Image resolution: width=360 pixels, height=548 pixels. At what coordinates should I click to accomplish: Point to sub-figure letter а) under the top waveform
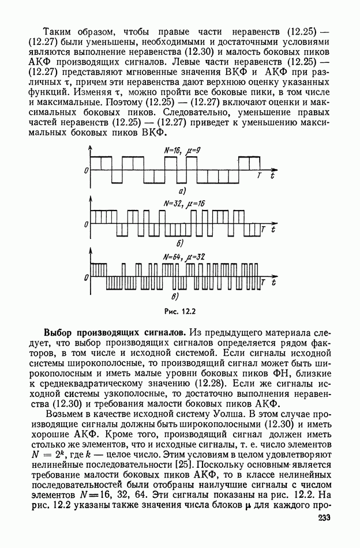[x=181, y=191]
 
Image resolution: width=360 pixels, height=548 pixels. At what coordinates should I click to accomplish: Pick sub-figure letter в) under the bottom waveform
[x=176, y=297]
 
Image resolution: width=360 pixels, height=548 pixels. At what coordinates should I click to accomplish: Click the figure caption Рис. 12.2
[x=180, y=313]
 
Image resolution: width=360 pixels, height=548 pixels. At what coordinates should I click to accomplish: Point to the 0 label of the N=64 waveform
[x=85, y=278]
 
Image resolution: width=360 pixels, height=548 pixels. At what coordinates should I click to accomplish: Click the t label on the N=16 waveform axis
[x=273, y=175]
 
